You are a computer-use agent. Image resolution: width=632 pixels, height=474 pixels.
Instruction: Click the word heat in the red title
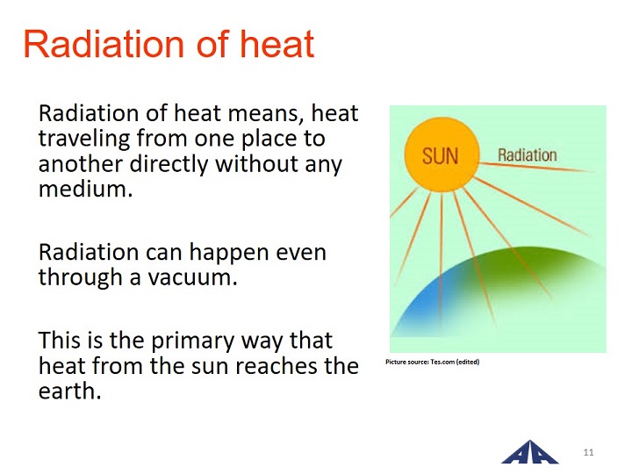276,44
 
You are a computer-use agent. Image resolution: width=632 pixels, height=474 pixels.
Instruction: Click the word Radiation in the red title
104,44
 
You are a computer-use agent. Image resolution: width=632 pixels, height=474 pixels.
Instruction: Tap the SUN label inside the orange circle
440,156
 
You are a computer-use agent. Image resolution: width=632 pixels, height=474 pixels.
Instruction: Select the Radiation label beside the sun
528,155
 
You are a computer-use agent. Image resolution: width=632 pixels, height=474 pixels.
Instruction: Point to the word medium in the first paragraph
85,189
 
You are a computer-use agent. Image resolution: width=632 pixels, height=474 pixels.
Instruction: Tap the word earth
69,391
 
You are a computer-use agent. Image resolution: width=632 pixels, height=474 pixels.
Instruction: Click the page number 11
588,452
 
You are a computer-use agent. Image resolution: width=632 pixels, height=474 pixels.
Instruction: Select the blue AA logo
530,453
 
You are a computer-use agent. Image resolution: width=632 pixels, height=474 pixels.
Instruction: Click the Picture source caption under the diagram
433,362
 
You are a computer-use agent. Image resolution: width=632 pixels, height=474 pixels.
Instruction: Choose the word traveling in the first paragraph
84,140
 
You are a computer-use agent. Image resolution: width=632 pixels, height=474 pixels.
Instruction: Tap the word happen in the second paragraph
229,254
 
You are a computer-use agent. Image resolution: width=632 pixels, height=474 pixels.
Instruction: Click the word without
257,163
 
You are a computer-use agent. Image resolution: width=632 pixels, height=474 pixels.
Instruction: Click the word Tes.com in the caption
442,362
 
